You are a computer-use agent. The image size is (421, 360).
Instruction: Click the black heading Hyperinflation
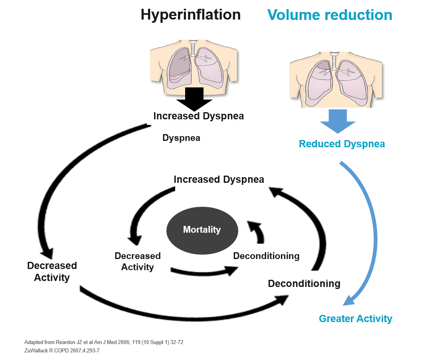(191, 15)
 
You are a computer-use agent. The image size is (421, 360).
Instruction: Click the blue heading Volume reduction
(330, 15)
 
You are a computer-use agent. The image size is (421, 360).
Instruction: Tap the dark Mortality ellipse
(202, 230)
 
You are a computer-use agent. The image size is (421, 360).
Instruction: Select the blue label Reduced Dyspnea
(342, 144)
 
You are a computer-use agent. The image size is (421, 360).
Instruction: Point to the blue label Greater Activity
(356, 318)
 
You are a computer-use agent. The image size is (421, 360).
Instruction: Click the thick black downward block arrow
(194, 99)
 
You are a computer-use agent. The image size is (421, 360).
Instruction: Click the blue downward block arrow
(338, 121)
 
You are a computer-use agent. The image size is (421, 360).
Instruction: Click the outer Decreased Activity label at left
(52, 271)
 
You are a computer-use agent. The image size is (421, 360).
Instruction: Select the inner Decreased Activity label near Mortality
(137, 261)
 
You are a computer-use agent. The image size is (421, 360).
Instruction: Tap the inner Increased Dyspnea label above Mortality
(219, 179)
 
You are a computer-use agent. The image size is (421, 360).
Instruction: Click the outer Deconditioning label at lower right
(304, 283)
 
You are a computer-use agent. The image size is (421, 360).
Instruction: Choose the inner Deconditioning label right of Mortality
(266, 256)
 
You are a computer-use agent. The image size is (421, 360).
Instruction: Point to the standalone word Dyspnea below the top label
(181, 138)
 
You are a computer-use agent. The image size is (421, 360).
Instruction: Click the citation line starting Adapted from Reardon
(104, 342)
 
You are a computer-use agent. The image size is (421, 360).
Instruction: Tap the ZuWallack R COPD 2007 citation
(62, 350)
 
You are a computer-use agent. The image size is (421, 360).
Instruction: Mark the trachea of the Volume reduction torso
(334, 61)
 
